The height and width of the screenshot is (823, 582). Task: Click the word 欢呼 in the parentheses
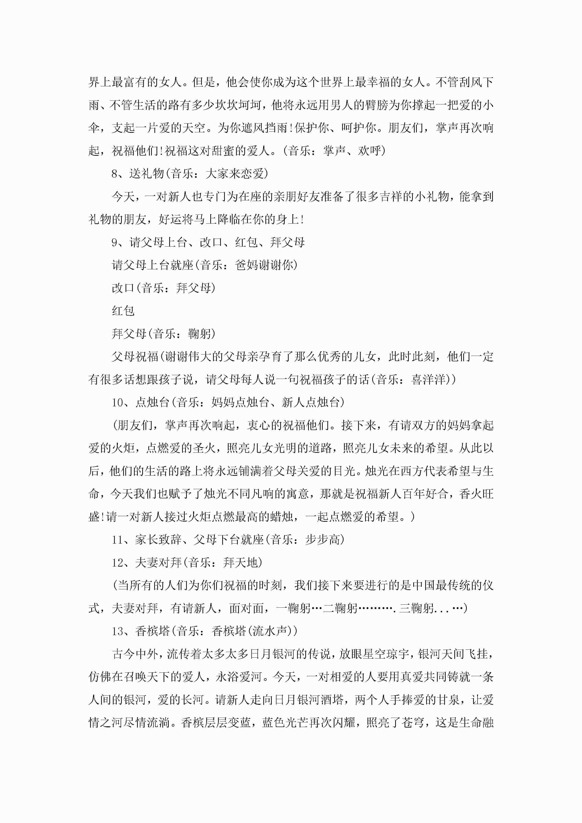click(369, 151)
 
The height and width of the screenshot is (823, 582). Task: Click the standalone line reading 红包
click(123, 311)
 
